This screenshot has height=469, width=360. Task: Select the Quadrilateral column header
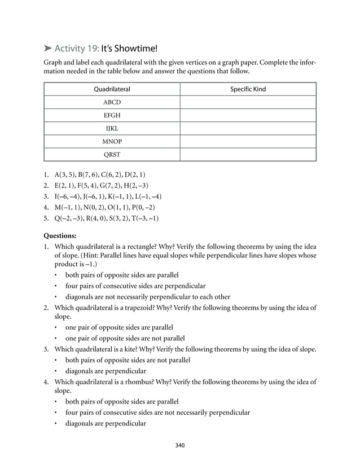(112, 89)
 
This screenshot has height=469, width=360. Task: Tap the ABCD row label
(112, 102)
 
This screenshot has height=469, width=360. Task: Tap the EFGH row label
(112, 115)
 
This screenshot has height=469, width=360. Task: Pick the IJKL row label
(112, 128)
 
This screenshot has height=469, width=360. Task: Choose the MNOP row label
(112, 141)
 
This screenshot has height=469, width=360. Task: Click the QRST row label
(112, 154)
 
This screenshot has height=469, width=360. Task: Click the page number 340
(180, 446)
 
